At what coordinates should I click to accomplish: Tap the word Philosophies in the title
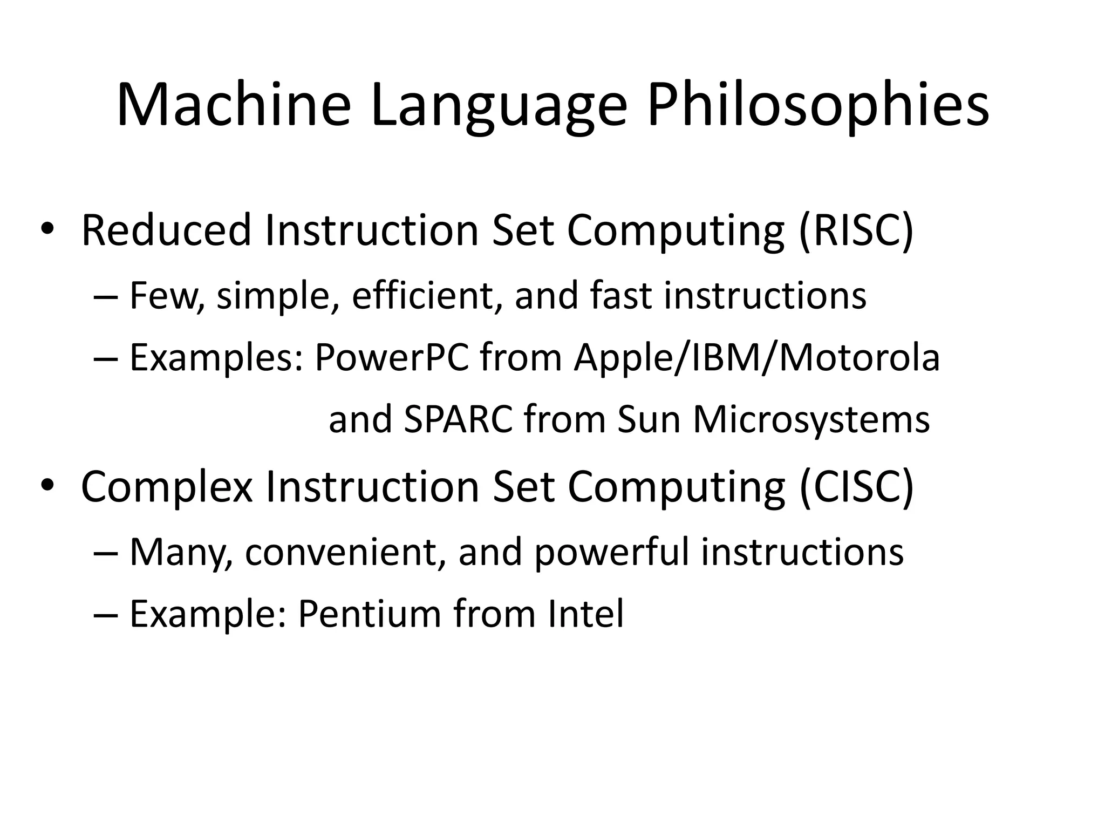818,105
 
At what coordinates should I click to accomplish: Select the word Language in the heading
499,105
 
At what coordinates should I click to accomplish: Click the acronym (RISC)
856,230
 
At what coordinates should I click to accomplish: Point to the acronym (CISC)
856,486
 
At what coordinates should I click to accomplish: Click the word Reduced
166,230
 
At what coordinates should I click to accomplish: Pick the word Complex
167,486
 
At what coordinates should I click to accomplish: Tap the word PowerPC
392,358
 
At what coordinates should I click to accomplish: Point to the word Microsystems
811,420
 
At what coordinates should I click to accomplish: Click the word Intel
585,614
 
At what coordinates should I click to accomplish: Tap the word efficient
423,296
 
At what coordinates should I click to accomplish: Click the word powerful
611,552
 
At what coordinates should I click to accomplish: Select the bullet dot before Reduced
47,229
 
